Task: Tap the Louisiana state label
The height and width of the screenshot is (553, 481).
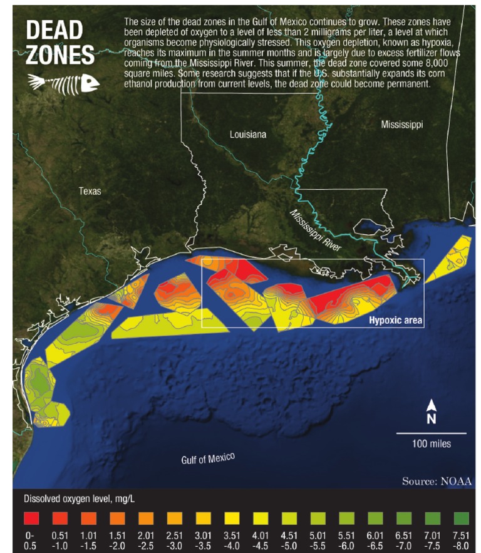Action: [x=247, y=135]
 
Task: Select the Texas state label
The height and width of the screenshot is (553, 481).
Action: [x=90, y=191]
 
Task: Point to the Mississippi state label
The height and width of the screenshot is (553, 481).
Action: [x=401, y=125]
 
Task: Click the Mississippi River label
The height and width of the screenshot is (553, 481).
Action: [x=316, y=231]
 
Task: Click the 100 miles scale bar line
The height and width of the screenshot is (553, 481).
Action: [x=431, y=433]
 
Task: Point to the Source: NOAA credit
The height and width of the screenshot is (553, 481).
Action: [x=437, y=481]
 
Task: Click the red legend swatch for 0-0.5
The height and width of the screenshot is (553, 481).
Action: [x=31, y=518]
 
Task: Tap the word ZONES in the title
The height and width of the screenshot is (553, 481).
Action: [x=60, y=57]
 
